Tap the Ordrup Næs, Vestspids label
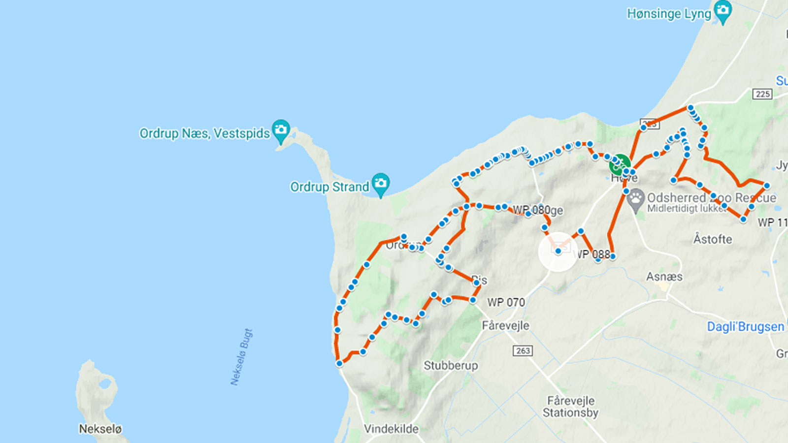pyautogui.click(x=204, y=133)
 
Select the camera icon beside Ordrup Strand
pyautogui.click(x=381, y=184)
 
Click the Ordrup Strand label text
pyautogui.click(x=329, y=187)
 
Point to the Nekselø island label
pyautogui.click(x=100, y=429)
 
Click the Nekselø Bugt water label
pyautogui.click(x=241, y=357)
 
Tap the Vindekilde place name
pyautogui.click(x=391, y=429)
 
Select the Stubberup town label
pyautogui.click(x=451, y=365)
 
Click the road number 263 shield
pyautogui.click(x=523, y=350)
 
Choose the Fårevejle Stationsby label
pyautogui.click(x=570, y=407)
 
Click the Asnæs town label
pyautogui.click(x=664, y=277)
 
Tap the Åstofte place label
pyautogui.click(x=712, y=239)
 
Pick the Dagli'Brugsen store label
pyautogui.click(x=745, y=327)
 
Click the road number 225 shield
pyautogui.click(x=762, y=94)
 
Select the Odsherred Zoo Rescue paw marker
pyautogui.click(x=636, y=199)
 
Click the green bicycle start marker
pyautogui.click(x=619, y=165)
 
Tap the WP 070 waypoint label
pyautogui.click(x=506, y=302)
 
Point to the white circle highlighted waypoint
pyautogui.click(x=558, y=252)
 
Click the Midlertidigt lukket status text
pyautogui.click(x=686, y=208)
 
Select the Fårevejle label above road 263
pyautogui.click(x=505, y=325)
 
